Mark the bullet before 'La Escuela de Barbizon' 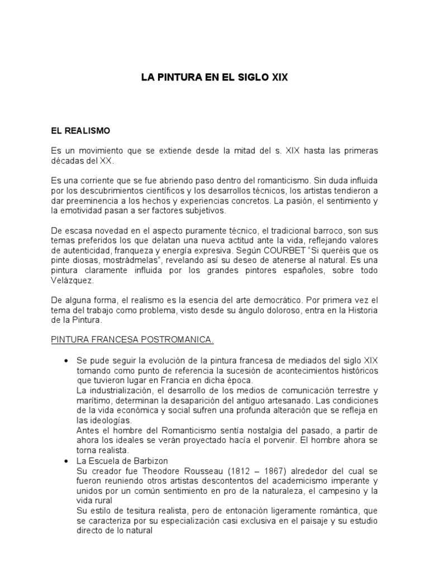point(67,461)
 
